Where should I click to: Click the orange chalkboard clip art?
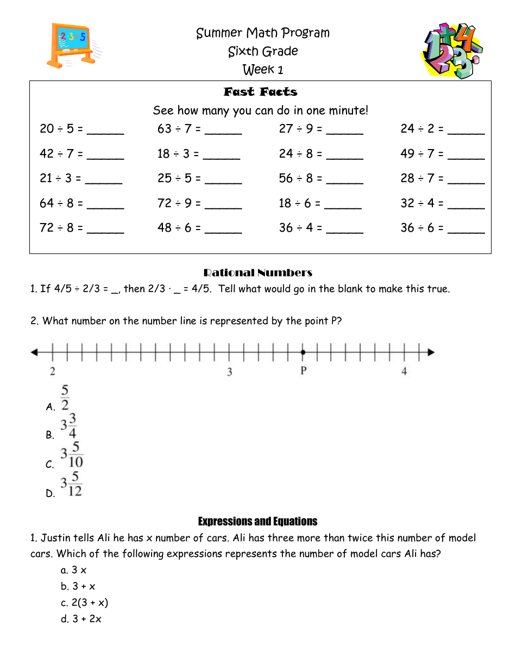pyautogui.click(x=72, y=45)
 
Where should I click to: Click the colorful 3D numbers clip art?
pyautogui.click(x=452, y=51)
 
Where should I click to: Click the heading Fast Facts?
pyautogui.click(x=260, y=92)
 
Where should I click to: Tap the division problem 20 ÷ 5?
pyautogui.click(x=61, y=129)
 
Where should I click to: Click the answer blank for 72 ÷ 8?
pyautogui.click(x=105, y=229)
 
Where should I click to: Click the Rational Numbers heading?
pyautogui.click(x=257, y=272)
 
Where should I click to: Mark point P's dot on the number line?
pyautogui.click(x=303, y=352)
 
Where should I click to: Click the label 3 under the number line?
pyautogui.click(x=230, y=372)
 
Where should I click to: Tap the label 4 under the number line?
pyautogui.click(x=404, y=371)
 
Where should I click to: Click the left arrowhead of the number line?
pyautogui.click(x=34, y=352)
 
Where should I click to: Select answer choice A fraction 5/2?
pyautogui.click(x=65, y=398)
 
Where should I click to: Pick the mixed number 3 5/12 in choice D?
pyautogui.click(x=71, y=484)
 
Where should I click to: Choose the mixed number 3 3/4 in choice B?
pyautogui.click(x=68, y=425)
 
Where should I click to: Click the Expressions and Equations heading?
pyautogui.click(x=257, y=521)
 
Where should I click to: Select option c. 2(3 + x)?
pyautogui.click(x=85, y=603)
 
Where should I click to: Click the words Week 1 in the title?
pyautogui.click(x=263, y=70)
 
